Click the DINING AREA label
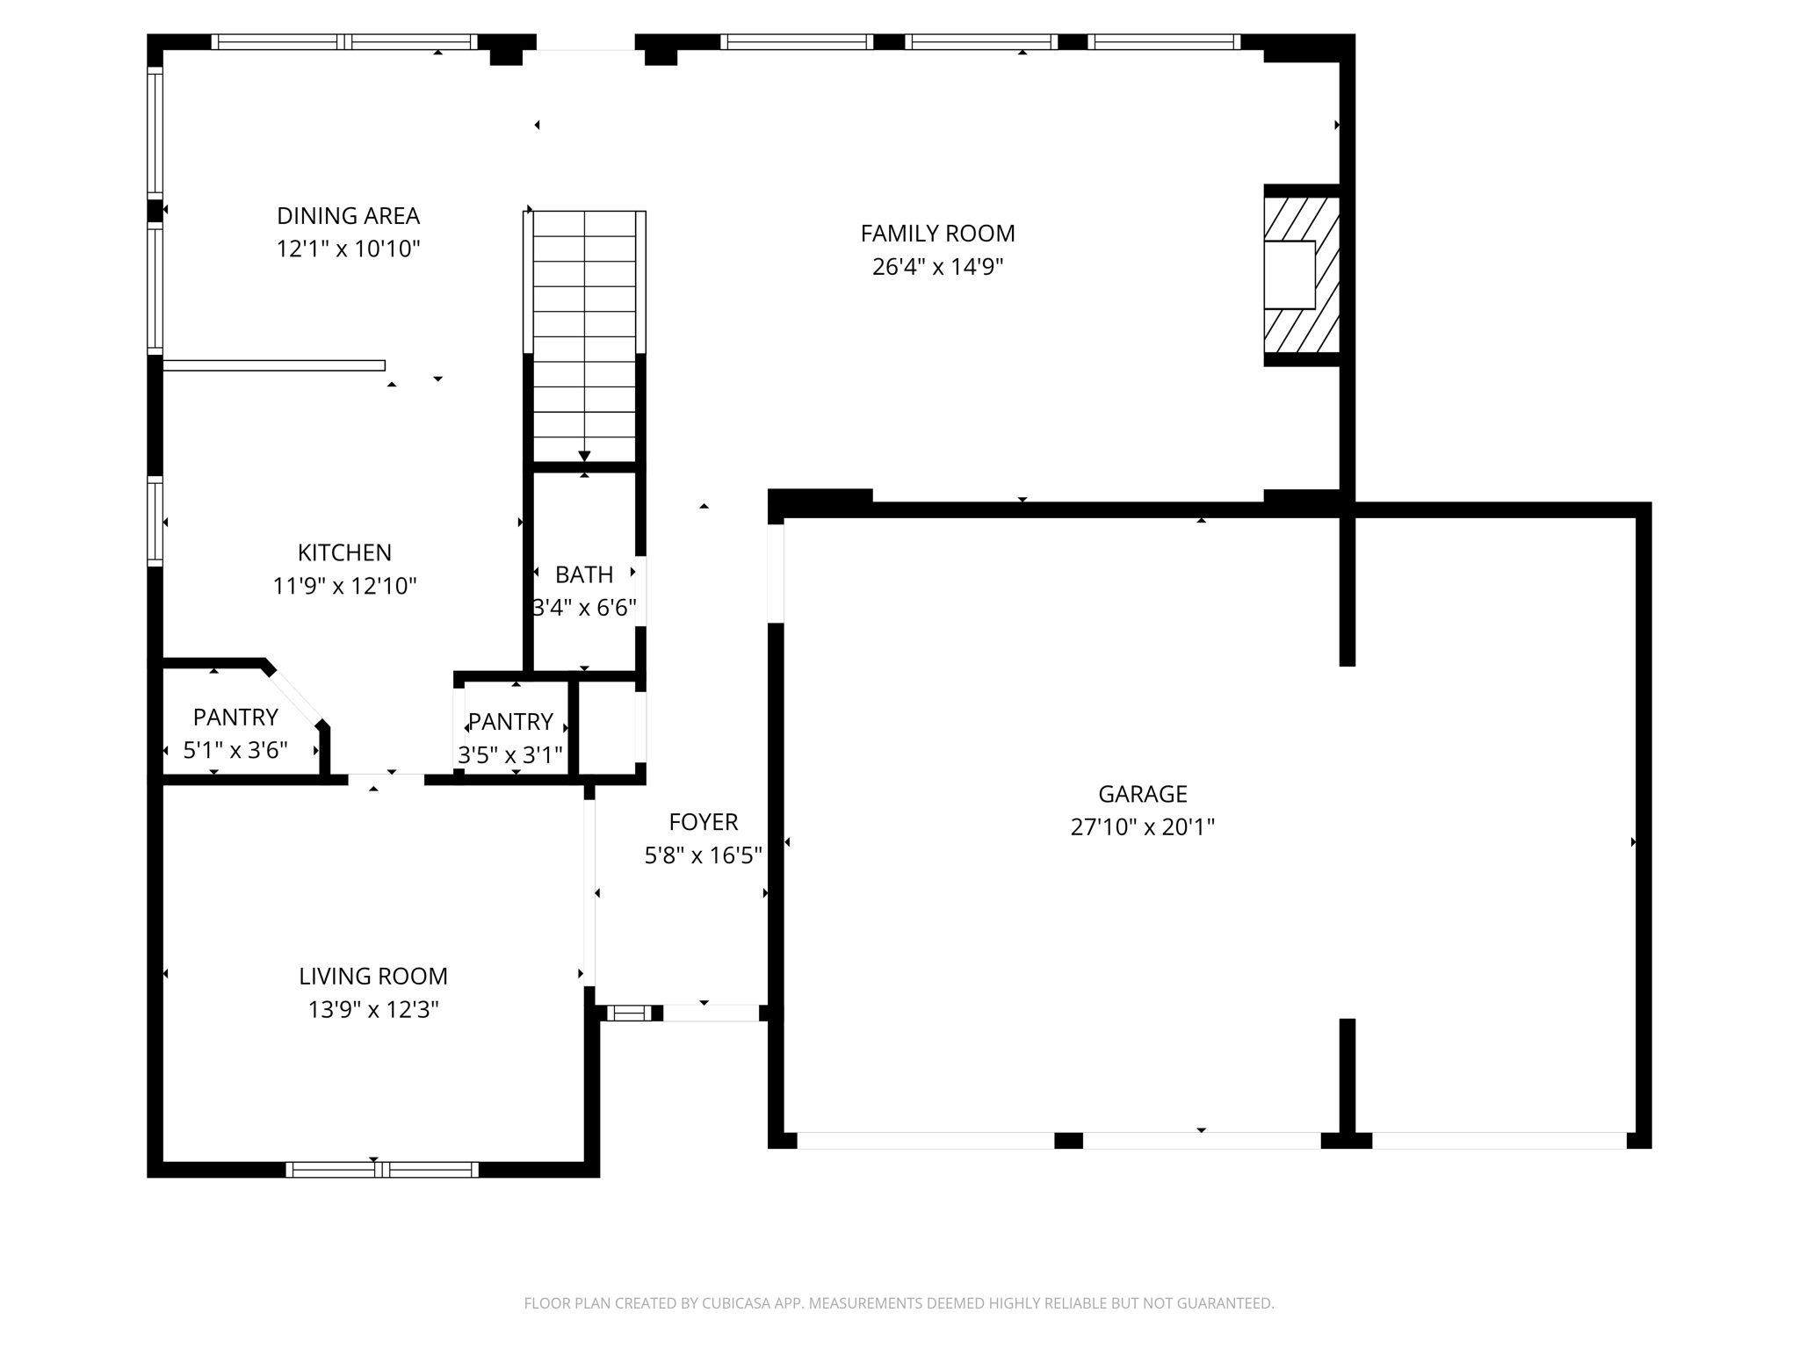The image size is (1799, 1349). pos(348,216)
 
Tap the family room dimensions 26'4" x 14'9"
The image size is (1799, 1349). pos(937,267)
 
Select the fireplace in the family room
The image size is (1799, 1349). pos(1301,275)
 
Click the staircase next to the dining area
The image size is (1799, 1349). pos(584,334)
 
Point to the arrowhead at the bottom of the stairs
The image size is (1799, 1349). pos(584,456)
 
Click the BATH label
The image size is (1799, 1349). pos(584,575)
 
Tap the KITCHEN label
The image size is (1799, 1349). pos(344,553)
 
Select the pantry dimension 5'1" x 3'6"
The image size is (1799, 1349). pos(235,751)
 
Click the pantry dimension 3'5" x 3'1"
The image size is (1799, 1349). pos(510,755)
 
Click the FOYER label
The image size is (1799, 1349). pos(703,823)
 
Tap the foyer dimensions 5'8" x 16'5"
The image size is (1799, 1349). pos(703,856)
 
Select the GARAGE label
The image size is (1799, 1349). pos(1142,795)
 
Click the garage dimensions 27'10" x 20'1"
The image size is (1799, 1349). pos(1142,827)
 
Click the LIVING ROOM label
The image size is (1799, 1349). pos(373,977)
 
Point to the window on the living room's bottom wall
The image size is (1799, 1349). pos(382,1169)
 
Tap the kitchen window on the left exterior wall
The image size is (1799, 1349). pos(155,521)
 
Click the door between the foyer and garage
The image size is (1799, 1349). pos(776,574)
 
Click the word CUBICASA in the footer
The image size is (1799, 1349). pos(736,1303)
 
